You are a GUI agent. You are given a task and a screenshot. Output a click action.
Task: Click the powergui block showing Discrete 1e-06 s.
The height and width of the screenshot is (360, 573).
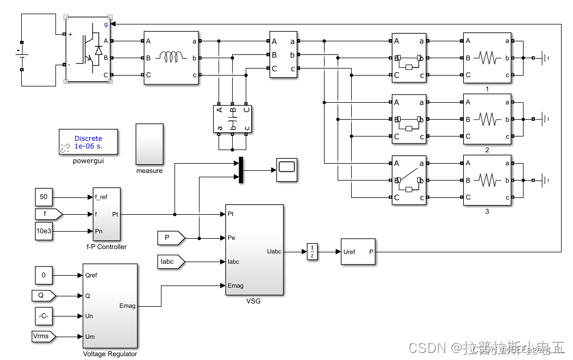[x=88, y=142]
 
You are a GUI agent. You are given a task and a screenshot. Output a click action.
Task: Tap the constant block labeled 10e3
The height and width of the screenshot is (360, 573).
[x=45, y=231]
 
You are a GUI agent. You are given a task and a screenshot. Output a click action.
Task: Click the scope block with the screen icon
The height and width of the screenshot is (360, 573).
[x=287, y=170]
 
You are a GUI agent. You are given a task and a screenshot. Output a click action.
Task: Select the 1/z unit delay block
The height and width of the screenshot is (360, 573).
[x=312, y=252]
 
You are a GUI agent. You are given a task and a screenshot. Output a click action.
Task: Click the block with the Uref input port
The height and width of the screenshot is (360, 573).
[x=358, y=252]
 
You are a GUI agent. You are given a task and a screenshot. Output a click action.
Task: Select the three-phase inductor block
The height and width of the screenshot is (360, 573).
[x=171, y=57]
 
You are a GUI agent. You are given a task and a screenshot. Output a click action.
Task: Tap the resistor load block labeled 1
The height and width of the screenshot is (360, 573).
[x=487, y=57]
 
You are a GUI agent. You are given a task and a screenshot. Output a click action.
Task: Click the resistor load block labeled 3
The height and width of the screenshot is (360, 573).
[x=487, y=181]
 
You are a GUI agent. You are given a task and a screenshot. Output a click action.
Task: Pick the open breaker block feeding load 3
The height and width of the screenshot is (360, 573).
[x=409, y=181]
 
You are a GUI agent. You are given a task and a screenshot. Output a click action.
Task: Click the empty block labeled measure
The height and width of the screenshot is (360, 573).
[x=150, y=144]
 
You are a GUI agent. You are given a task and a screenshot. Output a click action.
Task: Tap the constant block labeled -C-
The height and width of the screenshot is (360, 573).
[x=45, y=316]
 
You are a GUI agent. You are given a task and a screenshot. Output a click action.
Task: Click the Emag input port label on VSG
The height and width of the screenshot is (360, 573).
[x=235, y=285]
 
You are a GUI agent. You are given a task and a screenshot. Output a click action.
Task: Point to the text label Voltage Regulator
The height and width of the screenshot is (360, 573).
[x=110, y=354]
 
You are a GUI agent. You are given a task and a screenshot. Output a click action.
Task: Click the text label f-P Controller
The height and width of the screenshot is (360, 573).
[x=107, y=247]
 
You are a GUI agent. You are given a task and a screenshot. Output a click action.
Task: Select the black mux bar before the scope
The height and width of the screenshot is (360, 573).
[x=239, y=170]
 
